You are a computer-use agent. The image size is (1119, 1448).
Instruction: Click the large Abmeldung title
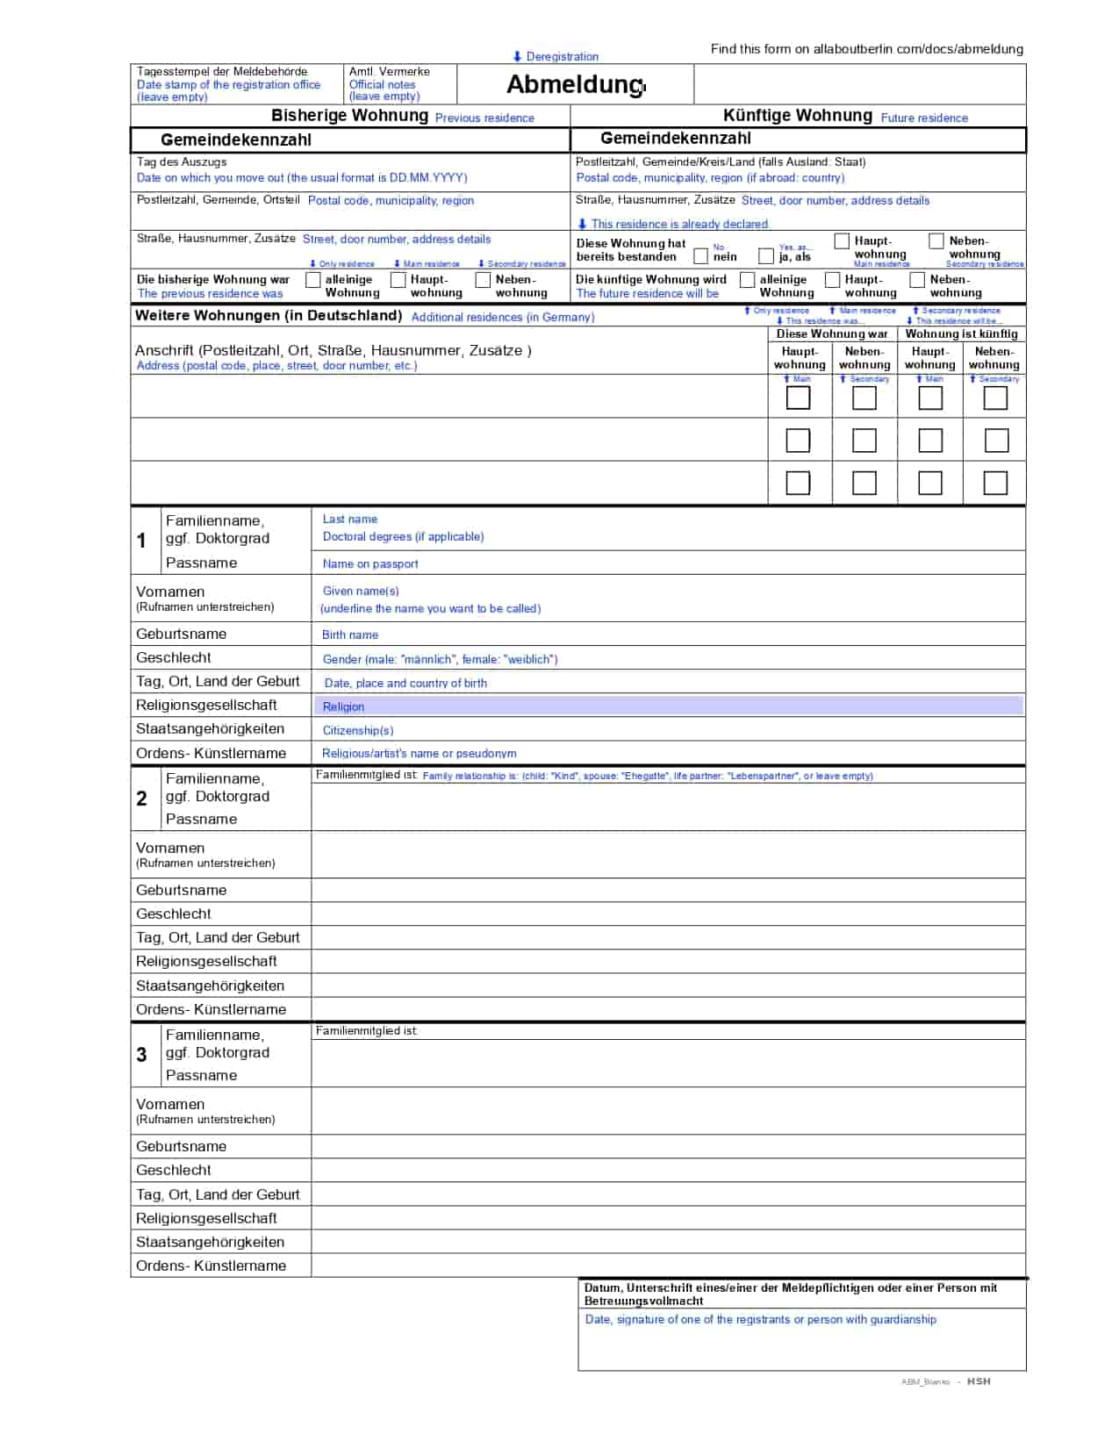pos(575,84)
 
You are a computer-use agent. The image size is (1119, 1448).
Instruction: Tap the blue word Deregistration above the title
pos(562,56)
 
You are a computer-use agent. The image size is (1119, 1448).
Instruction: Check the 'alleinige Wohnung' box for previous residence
pos(312,280)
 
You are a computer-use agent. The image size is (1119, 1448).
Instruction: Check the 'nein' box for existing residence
pos(700,256)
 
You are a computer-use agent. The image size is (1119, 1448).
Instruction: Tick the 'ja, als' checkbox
pos(766,256)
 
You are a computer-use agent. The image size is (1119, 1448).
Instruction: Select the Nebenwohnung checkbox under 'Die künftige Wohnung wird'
pos(917,280)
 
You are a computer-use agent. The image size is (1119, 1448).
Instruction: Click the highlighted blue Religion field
pos(668,706)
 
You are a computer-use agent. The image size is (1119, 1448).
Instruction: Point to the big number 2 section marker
pos(142,798)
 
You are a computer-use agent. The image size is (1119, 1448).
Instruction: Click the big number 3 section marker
pos(142,1054)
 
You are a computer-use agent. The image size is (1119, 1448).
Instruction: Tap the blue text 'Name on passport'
pos(370,563)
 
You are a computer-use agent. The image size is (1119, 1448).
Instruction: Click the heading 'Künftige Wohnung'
pos(797,116)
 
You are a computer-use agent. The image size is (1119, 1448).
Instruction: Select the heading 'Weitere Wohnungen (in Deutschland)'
pos(269,315)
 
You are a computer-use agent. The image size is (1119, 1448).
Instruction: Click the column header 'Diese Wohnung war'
pos(831,333)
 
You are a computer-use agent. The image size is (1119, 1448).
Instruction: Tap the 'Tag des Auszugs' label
pos(182,162)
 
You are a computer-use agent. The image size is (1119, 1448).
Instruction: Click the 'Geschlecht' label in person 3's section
pos(174,1170)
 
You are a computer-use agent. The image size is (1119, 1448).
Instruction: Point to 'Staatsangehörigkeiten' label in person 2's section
pos(210,985)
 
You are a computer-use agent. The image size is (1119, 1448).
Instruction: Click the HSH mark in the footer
pos(979,1381)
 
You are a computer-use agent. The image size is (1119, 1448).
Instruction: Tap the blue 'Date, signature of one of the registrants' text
pos(760,1319)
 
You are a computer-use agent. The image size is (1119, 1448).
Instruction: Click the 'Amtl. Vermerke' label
pos(389,72)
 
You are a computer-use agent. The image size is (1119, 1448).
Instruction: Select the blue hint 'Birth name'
pos(350,634)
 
